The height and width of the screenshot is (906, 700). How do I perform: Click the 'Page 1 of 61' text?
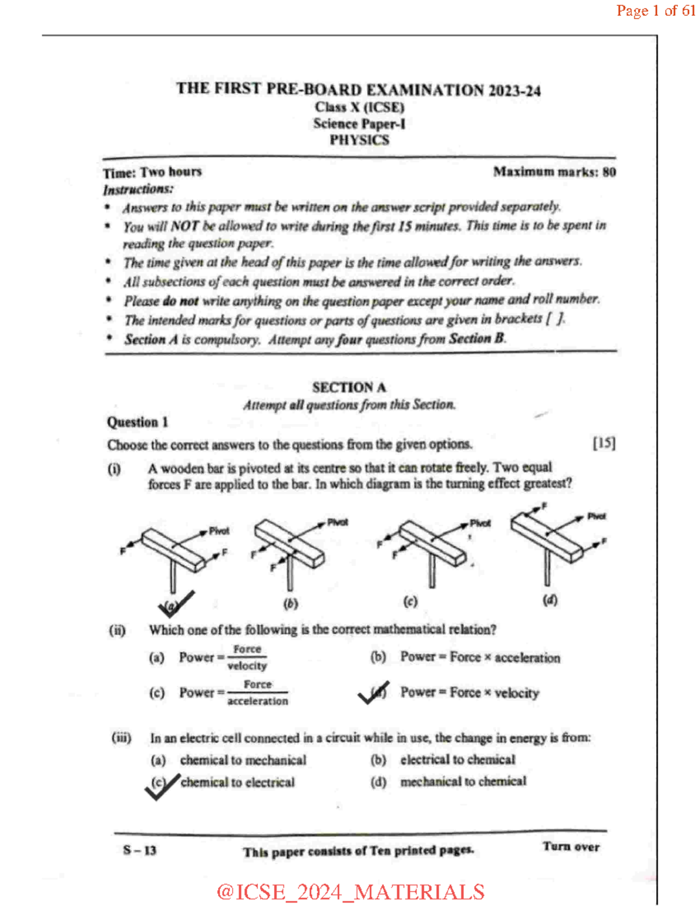656,11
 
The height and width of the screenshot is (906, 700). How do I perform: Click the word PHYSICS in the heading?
359,140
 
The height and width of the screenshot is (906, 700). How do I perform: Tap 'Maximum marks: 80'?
554,172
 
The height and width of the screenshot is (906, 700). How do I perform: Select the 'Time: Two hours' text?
152,172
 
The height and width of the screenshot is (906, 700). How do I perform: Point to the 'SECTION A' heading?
349,387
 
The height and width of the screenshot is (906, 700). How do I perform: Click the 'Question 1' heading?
137,422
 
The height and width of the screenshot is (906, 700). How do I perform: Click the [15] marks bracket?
604,443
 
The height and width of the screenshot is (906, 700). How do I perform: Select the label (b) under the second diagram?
290,603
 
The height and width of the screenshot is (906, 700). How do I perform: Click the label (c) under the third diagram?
410,601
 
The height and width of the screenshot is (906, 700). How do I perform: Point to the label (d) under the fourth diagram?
549,600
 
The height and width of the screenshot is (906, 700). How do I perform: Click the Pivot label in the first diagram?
219,531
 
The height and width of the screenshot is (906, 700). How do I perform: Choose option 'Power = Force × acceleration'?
480,657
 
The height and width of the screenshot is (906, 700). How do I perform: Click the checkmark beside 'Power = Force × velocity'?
373,692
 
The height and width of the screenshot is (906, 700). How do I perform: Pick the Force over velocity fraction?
247,657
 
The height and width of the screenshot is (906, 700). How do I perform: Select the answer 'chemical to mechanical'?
243,760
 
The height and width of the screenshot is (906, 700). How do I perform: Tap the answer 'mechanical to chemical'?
463,781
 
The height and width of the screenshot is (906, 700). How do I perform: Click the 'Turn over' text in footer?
570,846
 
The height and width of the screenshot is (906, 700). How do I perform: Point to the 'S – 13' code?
139,850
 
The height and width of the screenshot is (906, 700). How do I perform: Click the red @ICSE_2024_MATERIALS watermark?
350,891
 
